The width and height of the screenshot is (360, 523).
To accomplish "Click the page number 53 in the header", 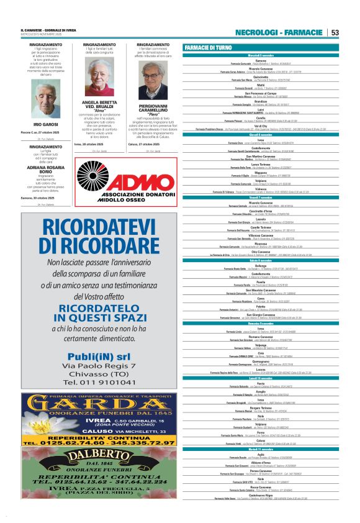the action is click(x=335, y=32).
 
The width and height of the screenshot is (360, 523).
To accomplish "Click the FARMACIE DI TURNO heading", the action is click(x=209, y=48).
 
